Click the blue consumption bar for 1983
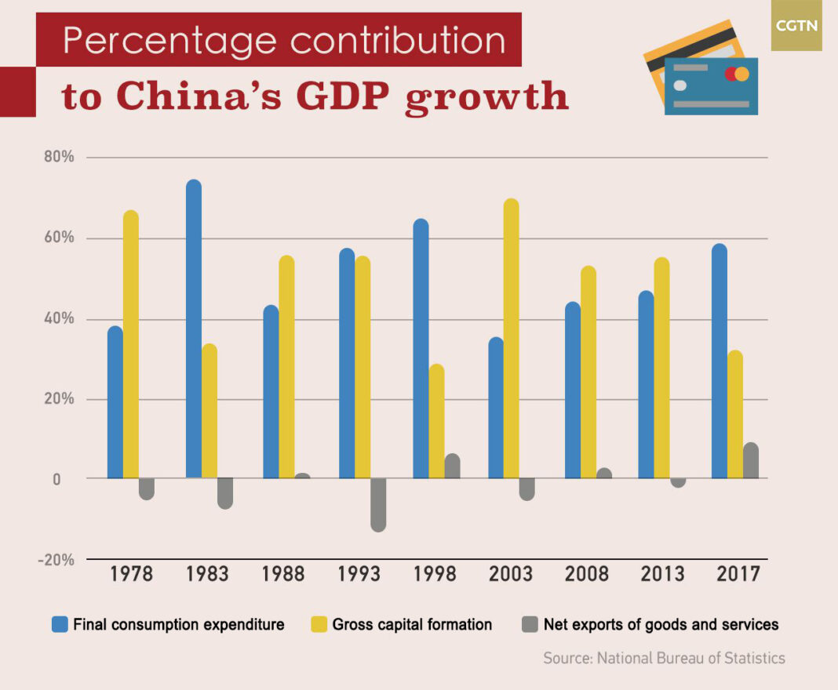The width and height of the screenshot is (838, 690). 193,329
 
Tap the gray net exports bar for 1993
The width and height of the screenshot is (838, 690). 378,504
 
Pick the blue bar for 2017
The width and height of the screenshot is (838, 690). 719,361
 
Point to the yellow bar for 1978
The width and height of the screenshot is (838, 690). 130,344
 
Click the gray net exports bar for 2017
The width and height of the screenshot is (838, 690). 751,461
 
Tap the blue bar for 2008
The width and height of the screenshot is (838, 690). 573,390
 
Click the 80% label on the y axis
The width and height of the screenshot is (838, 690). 59,157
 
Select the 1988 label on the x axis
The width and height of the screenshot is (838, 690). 283,574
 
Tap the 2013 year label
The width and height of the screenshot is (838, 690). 663,574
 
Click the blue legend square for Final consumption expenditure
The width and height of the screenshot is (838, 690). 60,624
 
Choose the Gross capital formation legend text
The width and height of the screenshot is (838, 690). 412,625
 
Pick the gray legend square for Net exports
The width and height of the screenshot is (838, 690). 530,624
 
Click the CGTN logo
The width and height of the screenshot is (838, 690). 796,26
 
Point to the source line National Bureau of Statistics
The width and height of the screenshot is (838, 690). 664,658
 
